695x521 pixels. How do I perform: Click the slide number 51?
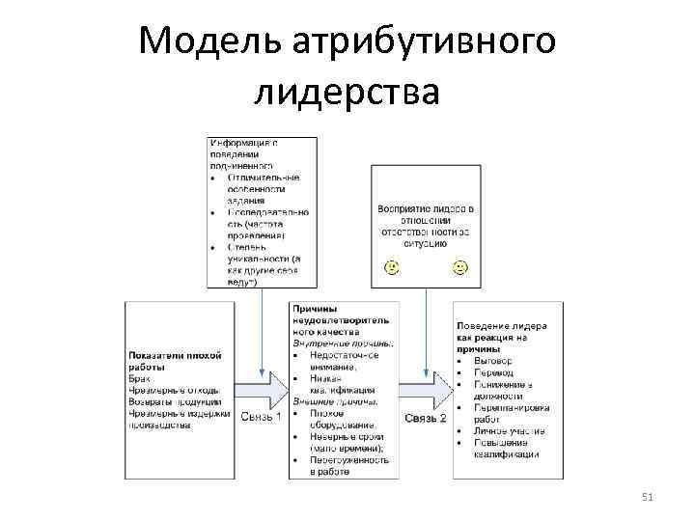click(648, 497)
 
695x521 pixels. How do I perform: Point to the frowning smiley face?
click(391, 265)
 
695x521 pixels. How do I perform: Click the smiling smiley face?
click(459, 265)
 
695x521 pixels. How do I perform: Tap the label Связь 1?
click(261, 417)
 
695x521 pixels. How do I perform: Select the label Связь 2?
click(426, 417)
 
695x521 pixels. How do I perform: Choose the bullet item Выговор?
click(493, 360)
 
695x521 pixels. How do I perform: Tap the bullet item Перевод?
click(493, 371)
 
